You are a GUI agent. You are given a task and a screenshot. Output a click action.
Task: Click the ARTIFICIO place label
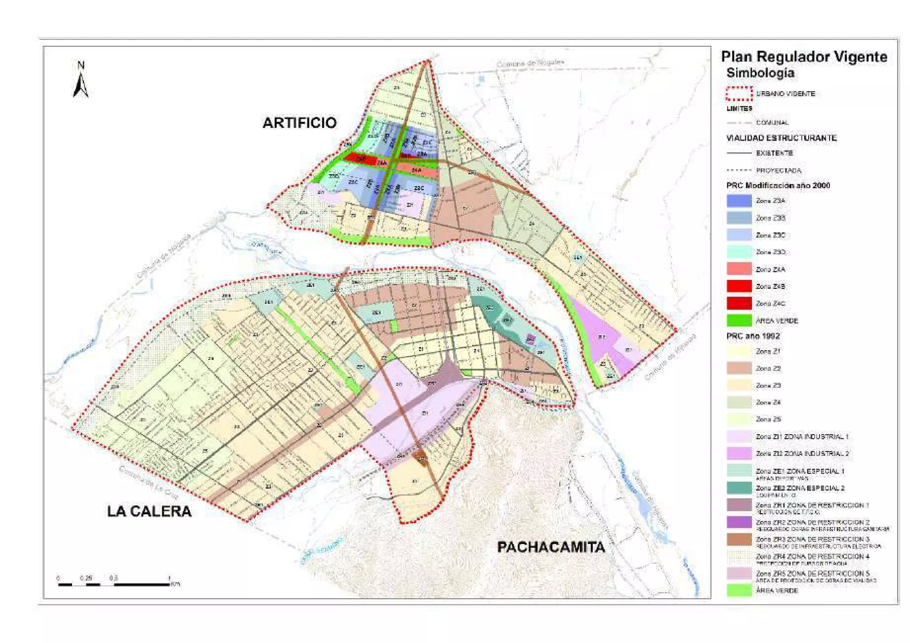[x=299, y=123]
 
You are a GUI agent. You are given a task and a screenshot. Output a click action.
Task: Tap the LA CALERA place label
[x=149, y=511]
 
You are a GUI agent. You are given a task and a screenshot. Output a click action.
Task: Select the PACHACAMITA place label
[x=551, y=547]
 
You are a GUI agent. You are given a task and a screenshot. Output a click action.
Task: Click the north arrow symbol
[x=80, y=80]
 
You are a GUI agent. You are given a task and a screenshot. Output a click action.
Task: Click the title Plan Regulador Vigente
[x=804, y=57]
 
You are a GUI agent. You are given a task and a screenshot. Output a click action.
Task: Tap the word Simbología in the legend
[x=760, y=73]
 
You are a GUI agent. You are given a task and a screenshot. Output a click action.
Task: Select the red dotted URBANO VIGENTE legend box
[x=739, y=94]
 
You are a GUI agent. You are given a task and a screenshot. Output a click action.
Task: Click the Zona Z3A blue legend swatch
[x=739, y=201]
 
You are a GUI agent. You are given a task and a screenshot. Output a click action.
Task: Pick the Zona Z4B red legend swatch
[x=739, y=287]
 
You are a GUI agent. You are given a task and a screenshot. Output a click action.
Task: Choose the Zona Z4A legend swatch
[x=739, y=269]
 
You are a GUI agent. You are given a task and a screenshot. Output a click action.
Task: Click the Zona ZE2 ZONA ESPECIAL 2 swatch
[x=739, y=488]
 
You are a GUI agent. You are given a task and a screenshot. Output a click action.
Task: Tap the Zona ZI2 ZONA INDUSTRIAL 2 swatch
[x=739, y=454]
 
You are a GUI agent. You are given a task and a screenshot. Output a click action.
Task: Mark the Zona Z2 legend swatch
[x=739, y=368]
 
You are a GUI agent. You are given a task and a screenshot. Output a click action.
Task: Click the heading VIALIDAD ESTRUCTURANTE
[x=781, y=138]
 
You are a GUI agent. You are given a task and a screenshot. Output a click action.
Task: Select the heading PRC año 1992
[x=753, y=336]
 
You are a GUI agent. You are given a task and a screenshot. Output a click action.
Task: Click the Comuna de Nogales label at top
[x=530, y=64]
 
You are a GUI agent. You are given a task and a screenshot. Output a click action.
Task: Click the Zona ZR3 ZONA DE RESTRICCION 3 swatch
[x=739, y=539]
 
